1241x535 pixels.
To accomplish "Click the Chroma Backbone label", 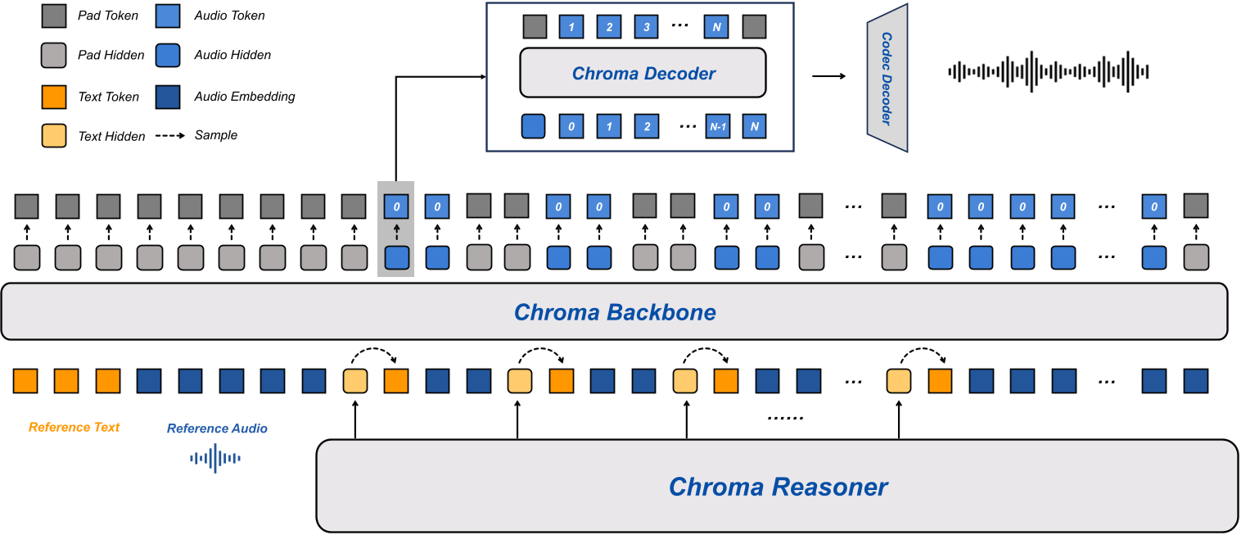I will click(x=615, y=312).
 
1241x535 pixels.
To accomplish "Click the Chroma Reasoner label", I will click(x=778, y=487).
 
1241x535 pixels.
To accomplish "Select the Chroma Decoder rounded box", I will click(x=643, y=74).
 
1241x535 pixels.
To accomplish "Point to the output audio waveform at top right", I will click(x=1049, y=72).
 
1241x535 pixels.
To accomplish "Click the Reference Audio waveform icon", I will click(x=215, y=458).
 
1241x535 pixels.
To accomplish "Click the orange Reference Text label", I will click(x=74, y=427).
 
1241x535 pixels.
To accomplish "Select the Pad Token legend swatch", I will click(x=52, y=16).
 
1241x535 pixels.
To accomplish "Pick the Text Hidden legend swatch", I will click(x=52, y=136).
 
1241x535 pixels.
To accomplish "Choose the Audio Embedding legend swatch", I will click(x=167, y=97).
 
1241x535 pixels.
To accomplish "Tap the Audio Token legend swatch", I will click(x=167, y=16).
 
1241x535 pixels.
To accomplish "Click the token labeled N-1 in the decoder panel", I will click(x=717, y=127).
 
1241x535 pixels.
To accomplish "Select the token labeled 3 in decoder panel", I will click(x=647, y=27).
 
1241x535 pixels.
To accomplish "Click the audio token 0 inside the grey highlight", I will click(x=396, y=206).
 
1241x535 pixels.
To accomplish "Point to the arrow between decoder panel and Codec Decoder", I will click(x=828, y=77).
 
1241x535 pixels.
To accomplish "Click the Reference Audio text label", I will click(x=217, y=428).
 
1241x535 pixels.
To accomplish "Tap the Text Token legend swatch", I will click(x=52, y=97).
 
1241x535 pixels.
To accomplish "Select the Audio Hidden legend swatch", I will click(x=167, y=55).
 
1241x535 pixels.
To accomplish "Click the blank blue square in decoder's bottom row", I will click(x=533, y=127).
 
